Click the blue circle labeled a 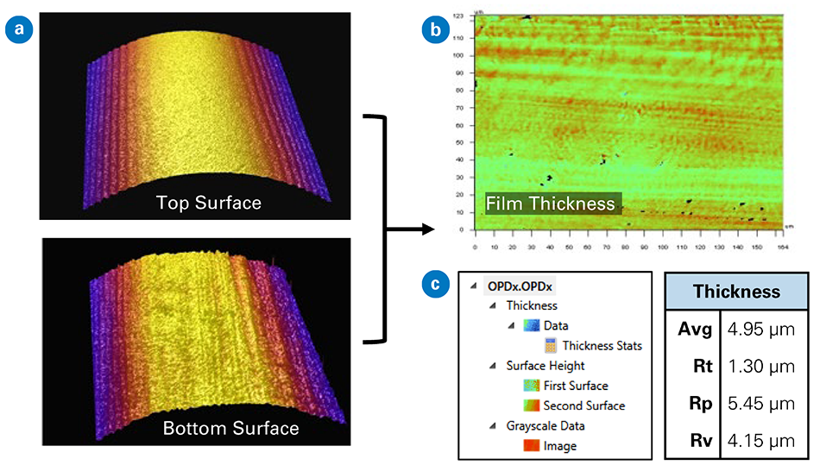pyautogui.click(x=17, y=32)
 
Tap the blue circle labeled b pyautogui.click(x=435, y=32)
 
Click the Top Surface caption pyautogui.click(x=209, y=203)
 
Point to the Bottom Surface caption pyautogui.click(x=231, y=428)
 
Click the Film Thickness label pyautogui.click(x=552, y=204)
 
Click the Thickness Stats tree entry pyautogui.click(x=602, y=346)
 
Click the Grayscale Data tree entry pyautogui.click(x=545, y=426)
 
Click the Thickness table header pyautogui.click(x=737, y=292)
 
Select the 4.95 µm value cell pyautogui.click(x=760, y=329)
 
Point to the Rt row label pyautogui.click(x=701, y=366)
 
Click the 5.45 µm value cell pyautogui.click(x=760, y=404)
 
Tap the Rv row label pyautogui.click(x=701, y=441)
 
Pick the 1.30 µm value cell pyautogui.click(x=760, y=366)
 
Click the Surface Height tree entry pyautogui.click(x=544, y=366)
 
